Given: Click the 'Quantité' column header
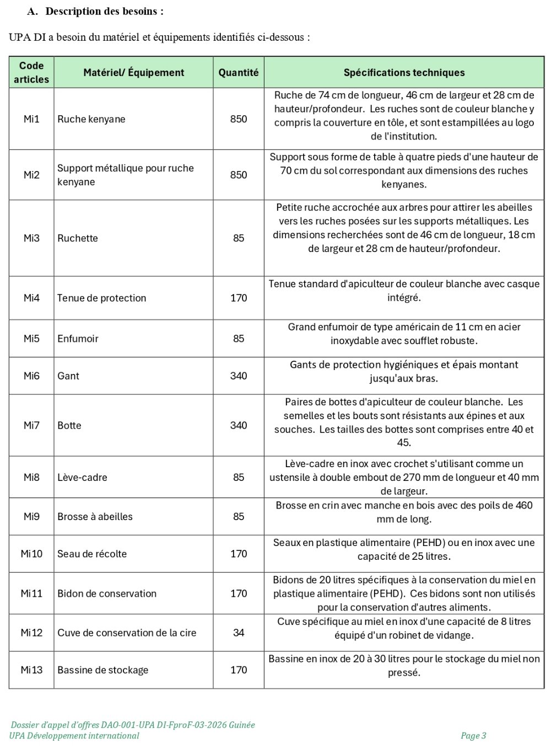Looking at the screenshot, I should point(238,72).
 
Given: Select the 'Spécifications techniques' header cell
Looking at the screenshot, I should point(404,72).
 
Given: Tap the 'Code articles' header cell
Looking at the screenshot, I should point(31,72).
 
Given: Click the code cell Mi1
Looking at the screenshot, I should point(31,119).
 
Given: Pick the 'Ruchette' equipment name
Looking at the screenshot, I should point(78,238).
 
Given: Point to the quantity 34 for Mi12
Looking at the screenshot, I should point(238,633).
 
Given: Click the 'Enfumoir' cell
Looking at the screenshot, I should point(78,339).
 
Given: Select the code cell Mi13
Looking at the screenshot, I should point(31,670).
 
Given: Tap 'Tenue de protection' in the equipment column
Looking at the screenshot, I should point(101,298).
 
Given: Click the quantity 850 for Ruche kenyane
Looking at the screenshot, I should point(238,119).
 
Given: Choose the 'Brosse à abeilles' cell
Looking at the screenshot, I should point(95,517).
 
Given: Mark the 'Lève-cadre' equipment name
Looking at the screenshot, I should point(82,478).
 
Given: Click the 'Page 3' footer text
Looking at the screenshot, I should point(473,736).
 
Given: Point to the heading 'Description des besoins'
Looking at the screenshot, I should point(104,12).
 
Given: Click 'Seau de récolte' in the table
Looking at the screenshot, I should point(91,554).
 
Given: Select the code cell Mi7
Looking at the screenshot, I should point(31,425).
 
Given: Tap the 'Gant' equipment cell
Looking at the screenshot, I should point(68,376).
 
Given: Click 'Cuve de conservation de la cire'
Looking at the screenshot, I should point(127,633).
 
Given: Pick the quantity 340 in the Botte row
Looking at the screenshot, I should point(238,425).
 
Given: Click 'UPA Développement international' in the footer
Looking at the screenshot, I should point(74,736).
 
